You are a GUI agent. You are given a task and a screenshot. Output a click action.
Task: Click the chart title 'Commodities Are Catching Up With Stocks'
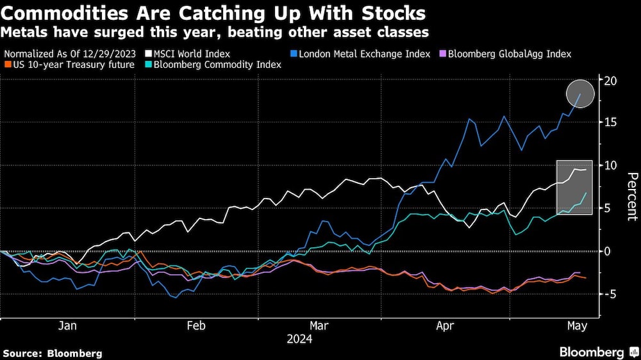point(213,12)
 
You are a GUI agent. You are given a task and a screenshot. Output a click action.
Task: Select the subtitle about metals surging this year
point(216,31)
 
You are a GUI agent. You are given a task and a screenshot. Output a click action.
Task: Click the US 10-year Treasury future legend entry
point(72,65)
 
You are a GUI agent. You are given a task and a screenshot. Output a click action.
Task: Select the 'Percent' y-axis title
point(631,196)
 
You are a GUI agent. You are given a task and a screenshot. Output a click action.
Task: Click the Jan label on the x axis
point(67,325)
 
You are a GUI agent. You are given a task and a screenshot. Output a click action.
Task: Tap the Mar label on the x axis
point(319,325)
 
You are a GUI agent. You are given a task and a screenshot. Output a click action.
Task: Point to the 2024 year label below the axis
point(299,339)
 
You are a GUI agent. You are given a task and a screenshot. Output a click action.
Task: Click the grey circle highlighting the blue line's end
point(580,94)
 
